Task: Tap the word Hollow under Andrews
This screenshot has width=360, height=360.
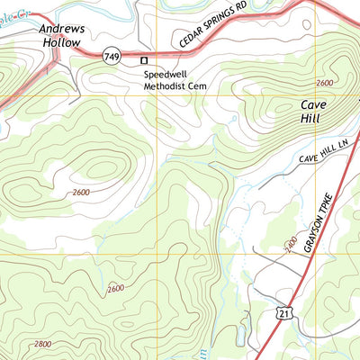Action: [x=61, y=41]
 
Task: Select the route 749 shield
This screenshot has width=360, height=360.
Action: [x=112, y=57]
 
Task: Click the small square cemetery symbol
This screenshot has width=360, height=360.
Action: [x=142, y=60]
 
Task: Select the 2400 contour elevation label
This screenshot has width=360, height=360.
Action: [x=291, y=243]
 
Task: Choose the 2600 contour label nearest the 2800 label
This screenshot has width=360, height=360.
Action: [x=115, y=288]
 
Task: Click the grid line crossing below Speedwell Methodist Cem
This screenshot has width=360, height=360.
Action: [x=157, y=95]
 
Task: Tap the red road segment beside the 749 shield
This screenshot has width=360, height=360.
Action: [x=90, y=56]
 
